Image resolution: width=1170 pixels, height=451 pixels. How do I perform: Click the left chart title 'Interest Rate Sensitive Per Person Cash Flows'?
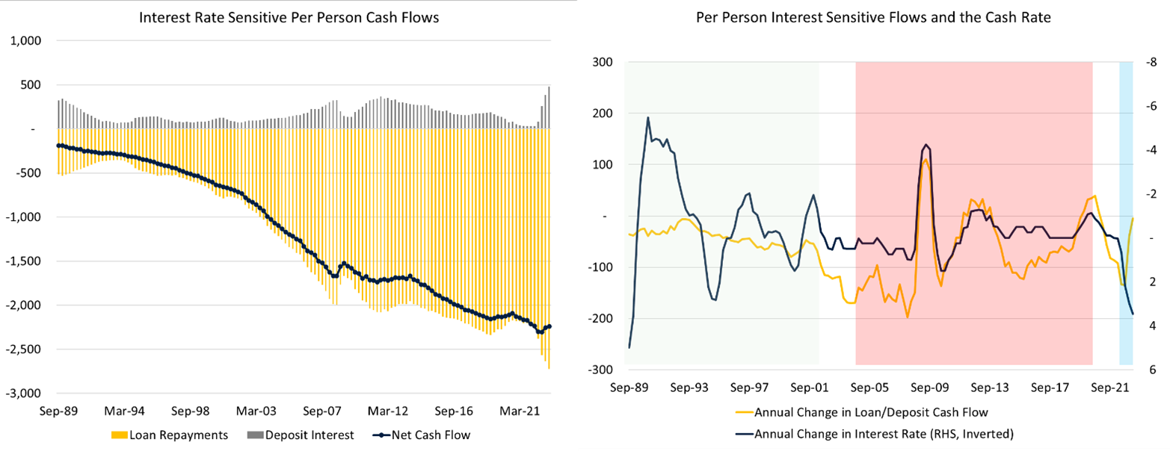pyautogui.click(x=289, y=18)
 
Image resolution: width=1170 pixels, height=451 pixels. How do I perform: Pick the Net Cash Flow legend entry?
pyautogui.click(x=408, y=434)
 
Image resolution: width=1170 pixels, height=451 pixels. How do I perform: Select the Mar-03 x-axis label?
pyautogui.click(x=256, y=411)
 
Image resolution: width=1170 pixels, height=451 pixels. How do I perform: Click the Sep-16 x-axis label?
pyautogui.click(x=454, y=411)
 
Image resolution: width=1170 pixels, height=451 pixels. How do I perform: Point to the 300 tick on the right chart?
pyautogui.click(x=601, y=62)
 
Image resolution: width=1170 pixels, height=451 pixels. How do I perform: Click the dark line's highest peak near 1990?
pyautogui.click(x=647, y=117)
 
